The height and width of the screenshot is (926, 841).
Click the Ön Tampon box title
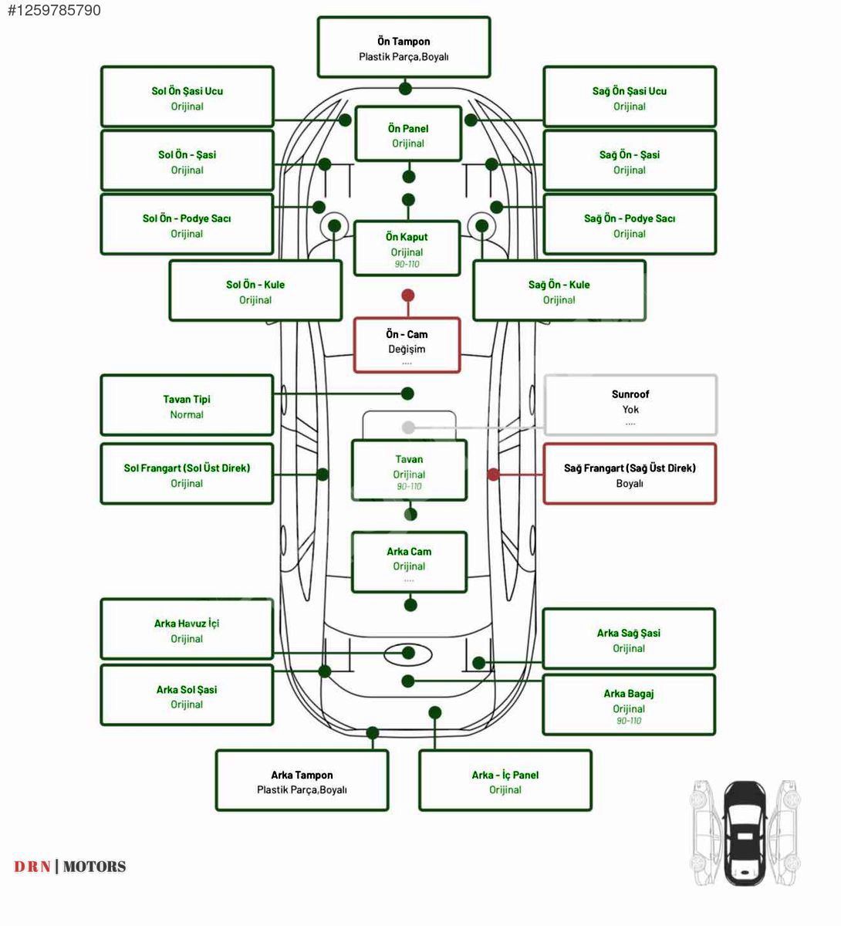coord(404,42)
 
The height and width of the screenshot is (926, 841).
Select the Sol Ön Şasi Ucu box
coord(187,97)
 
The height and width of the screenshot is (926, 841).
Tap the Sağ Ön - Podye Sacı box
coord(630,225)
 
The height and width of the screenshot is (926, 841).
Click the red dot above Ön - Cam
coord(408,296)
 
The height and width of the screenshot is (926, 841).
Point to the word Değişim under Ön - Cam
coord(407,350)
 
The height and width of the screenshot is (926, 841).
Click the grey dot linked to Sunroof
coord(409,428)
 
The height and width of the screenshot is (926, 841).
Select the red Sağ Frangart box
coord(630,474)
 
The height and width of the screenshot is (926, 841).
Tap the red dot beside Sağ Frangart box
coord(494,475)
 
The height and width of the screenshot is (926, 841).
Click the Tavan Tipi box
coord(187,406)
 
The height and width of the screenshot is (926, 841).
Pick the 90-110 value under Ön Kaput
coord(407,265)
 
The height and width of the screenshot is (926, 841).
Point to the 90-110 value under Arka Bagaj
coord(629,721)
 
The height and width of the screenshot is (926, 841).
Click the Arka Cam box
coord(409,562)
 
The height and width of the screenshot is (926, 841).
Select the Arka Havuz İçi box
coord(187,630)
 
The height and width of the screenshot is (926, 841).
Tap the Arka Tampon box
coord(302,780)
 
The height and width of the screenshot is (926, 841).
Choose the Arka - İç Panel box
coord(505,780)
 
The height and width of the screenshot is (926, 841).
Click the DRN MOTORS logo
coord(70,867)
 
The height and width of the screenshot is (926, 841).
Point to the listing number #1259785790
coord(54,11)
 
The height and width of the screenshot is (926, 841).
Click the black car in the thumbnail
coord(744,833)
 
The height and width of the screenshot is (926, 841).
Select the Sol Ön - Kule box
coord(255,291)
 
